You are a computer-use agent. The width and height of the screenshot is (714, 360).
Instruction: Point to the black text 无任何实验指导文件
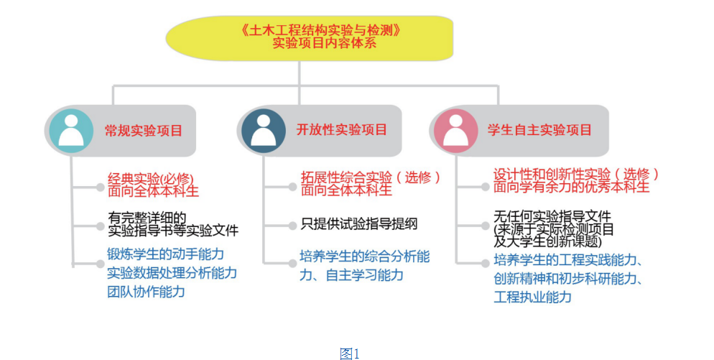pyautogui.click(x=552, y=216)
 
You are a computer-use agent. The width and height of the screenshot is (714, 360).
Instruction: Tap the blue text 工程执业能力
pyautogui.click(x=532, y=296)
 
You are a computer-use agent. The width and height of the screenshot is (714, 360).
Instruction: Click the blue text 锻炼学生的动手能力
pyautogui.click(x=166, y=254)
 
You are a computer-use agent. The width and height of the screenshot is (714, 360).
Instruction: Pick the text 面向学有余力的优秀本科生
pyautogui.click(x=571, y=187)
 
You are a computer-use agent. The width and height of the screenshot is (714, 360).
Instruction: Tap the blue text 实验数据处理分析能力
pyautogui.click(x=172, y=273)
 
